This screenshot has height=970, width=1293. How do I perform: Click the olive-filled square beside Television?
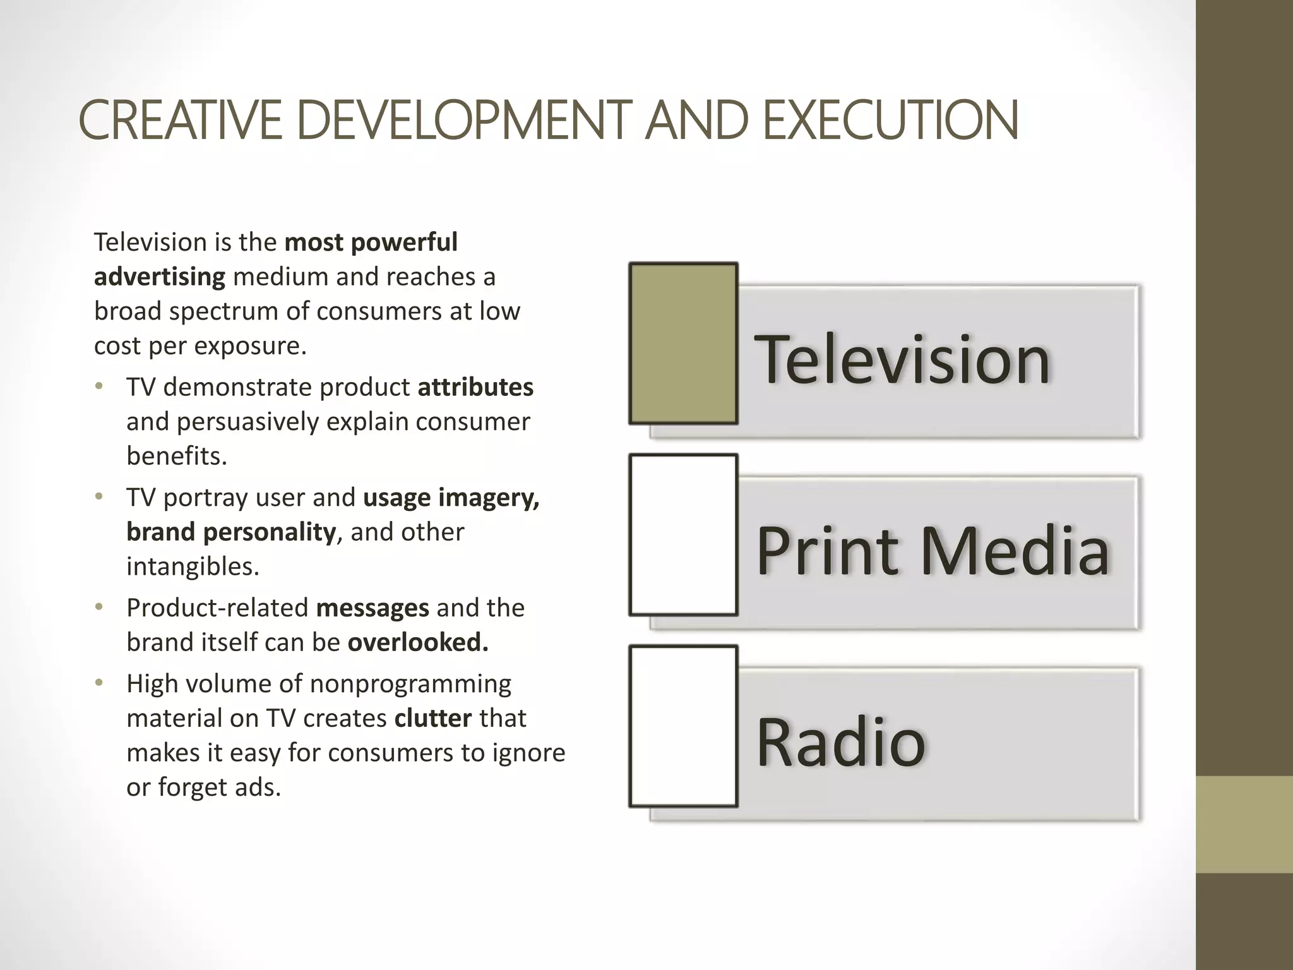point(683,343)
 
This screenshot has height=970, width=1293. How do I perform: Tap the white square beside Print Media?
point(683,534)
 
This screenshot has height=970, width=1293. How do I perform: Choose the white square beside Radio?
point(683,726)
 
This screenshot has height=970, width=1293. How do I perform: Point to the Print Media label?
point(932,550)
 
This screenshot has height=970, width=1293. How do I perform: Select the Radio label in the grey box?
point(840,741)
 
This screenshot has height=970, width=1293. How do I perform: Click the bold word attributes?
point(475,387)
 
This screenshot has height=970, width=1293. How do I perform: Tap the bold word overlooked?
point(418,642)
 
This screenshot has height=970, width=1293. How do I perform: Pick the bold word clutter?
point(432,718)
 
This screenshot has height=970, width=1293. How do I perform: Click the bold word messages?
point(372,608)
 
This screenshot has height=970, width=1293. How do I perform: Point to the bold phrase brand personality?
point(231,532)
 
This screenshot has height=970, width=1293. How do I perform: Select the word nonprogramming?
point(410,684)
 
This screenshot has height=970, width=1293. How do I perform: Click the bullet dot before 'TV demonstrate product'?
point(98,386)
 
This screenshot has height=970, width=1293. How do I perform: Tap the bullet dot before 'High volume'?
point(98,683)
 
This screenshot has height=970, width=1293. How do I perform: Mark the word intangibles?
point(193,566)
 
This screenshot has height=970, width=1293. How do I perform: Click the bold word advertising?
point(159,277)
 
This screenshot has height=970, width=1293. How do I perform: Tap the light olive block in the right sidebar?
point(1244,824)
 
